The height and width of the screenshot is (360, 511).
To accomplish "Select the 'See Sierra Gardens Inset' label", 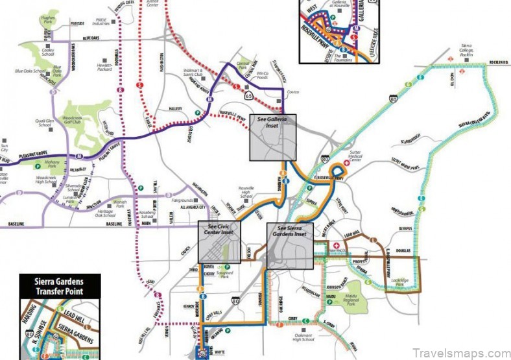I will [x=291, y=232].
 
